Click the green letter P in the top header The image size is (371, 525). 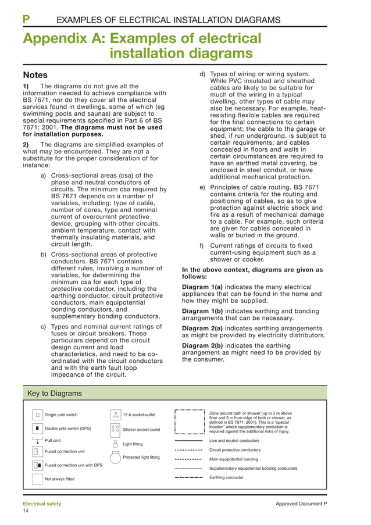click(26, 20)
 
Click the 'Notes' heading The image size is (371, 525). click(35, 75)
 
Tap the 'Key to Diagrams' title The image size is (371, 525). click(55, 393)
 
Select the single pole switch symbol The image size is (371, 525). click(37, 415)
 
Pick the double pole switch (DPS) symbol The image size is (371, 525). click(37, 429)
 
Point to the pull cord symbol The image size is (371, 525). click(37, 441)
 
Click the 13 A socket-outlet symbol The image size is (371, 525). click(115, 415)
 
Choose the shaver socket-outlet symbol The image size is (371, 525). click(115, 429)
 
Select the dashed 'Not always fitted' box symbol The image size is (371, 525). click(37, 478)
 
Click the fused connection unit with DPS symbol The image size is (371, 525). click(37, 465)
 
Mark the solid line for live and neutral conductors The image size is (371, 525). click(188, 441)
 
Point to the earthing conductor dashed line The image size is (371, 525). click(188, 477)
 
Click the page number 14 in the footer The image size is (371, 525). click(26, 510)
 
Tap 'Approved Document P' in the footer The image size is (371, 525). click(301, 503)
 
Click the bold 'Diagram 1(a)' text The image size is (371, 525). click(202, 287)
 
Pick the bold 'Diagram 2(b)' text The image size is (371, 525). click(202, 345)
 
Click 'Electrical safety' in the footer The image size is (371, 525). click(41, 503)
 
